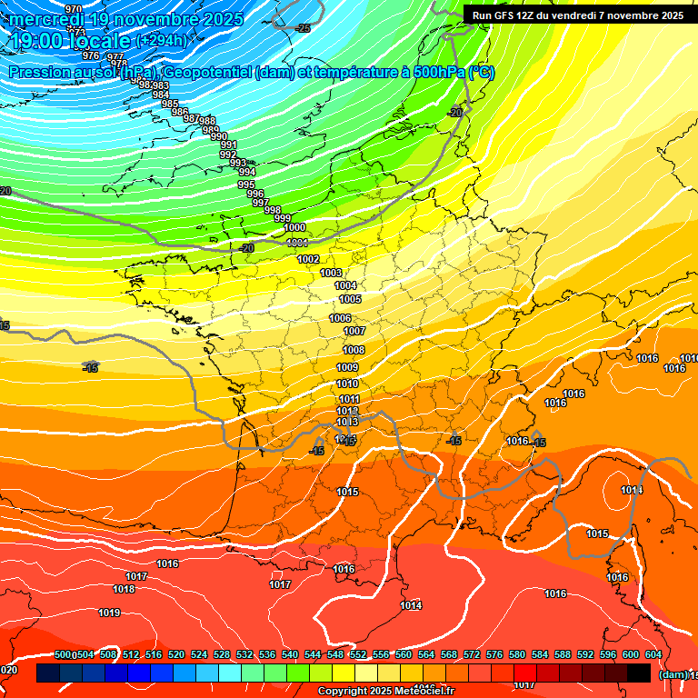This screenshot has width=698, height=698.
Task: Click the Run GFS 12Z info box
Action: [x=577, y=15]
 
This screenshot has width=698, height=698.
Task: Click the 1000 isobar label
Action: [x=294, y=228]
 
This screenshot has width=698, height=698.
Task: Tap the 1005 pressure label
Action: [x=350, y=300]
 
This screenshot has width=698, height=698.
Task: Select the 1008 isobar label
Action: [x=354, y=351]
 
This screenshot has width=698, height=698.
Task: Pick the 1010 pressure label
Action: [x=347, y=384]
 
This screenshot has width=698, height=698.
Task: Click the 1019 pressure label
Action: [x=109, y=613]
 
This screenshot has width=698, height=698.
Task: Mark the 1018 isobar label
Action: [x=124, y=590]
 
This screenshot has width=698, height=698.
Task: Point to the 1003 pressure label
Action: [x=332, y=274]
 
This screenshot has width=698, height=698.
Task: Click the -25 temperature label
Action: [x=303, y=28]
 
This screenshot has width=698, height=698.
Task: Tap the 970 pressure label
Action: [x=74, y=9]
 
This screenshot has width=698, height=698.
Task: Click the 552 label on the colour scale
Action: [x=358, y=655]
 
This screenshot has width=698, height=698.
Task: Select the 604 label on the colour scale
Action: [x=653, y=655]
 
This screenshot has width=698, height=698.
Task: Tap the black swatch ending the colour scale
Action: [x=639, y=673]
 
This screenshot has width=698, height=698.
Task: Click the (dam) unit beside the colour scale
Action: [x=673, y=673]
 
